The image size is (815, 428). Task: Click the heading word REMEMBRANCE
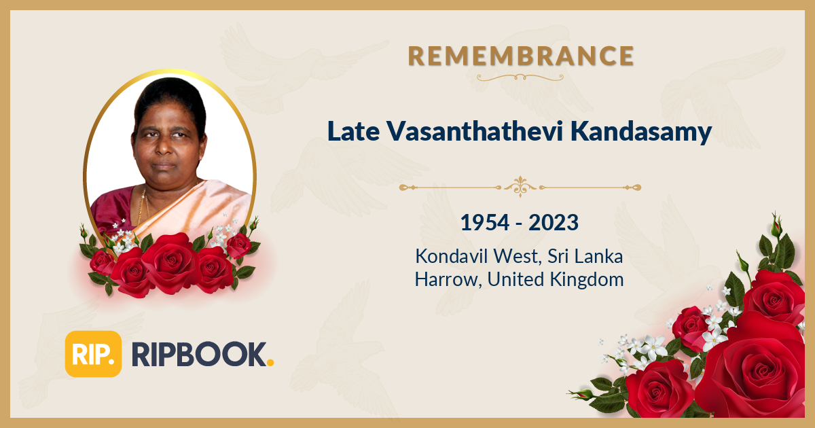click(x=521, y=56)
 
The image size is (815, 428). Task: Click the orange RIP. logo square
click(x=93, y=354)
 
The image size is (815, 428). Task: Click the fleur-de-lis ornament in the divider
click(x=520, y=186)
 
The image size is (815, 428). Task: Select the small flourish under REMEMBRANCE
click(x=521, y=77)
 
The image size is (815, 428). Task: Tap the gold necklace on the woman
click(x=143, y=207)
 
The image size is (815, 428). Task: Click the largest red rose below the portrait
click(x=171, y=264)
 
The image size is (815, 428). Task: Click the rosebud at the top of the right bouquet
click(x=776, y=225)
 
